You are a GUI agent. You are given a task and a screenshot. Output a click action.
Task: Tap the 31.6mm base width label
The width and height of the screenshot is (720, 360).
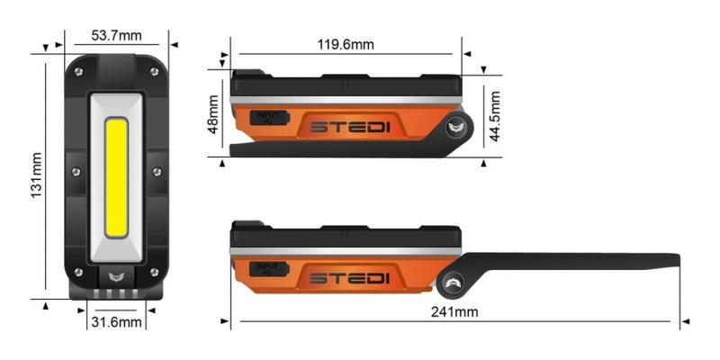pos(115,321)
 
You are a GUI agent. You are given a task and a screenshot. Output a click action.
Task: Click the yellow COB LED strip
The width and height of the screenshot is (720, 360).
pos(115,175)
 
